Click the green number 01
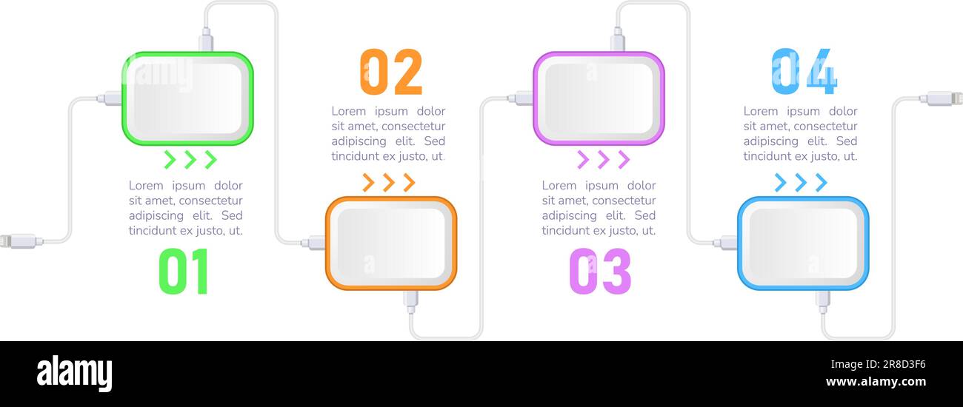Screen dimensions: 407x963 (184, 272)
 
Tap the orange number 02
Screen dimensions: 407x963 (390, 73)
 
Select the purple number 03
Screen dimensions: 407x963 (600, 272)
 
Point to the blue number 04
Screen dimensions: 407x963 (804, 73)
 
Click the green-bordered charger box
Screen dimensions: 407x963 (187, 98)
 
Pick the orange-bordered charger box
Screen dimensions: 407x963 (391, 243)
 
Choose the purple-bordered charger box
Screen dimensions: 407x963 (599, 98)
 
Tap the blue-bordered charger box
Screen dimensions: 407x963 (803, 243)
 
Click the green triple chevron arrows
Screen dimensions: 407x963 (190, 159)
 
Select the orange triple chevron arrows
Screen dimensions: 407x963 (388, 183)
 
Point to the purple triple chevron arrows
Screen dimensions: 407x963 (603, 159)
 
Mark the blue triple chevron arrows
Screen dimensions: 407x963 (800, 183)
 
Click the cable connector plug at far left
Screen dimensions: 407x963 (18, 240)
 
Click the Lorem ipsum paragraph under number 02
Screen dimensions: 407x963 (388, 134)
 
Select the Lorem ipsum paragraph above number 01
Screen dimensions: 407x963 (185, 208)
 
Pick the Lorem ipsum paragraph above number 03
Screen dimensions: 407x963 (599, 208)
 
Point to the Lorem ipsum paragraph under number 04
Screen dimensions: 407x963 (800, 134)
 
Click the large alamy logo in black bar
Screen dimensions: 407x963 (74, 373)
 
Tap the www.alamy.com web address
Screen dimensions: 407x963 (875, 383)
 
